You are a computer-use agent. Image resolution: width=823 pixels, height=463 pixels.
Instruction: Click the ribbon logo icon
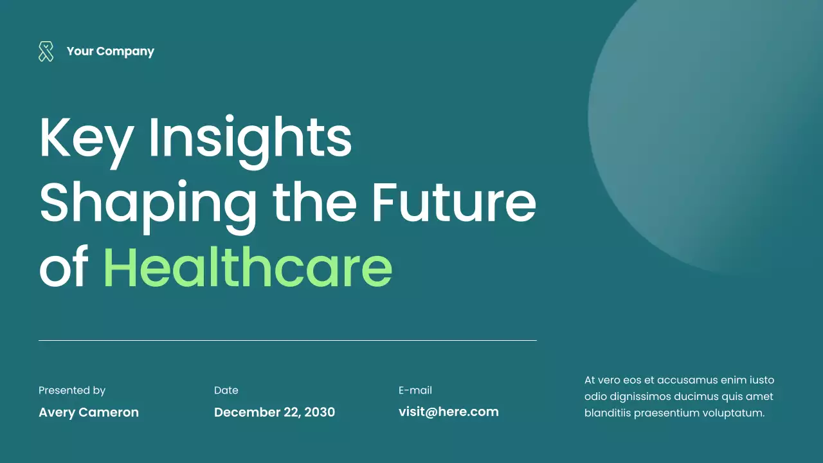46,51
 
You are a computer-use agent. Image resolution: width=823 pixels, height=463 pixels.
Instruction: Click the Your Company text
110,51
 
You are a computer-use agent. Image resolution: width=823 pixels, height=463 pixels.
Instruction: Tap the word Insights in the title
250,138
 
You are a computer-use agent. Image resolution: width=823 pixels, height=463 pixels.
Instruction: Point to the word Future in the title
454,201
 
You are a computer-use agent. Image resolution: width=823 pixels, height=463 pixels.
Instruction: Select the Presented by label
72,390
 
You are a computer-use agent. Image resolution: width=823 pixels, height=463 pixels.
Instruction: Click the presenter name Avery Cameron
89,412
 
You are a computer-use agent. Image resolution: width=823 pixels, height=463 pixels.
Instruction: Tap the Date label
226,390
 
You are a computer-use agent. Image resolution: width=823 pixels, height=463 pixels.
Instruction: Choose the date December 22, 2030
275,412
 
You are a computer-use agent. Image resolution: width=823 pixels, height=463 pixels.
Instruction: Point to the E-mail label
415,390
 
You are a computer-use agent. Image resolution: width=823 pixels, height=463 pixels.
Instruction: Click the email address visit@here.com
449,412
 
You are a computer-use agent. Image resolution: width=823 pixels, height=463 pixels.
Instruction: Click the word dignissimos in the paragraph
640,397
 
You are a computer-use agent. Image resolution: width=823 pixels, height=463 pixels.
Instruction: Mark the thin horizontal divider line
287,340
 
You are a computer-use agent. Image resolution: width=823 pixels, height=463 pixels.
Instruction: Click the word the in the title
314,201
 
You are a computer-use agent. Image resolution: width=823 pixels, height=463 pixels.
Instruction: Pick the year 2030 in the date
320,412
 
